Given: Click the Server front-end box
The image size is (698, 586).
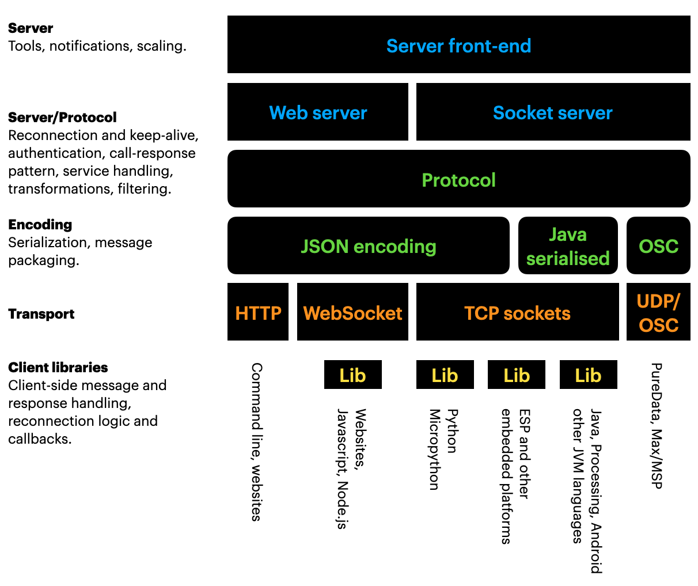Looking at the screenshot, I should [x=458, y=45].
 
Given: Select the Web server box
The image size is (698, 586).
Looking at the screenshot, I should [x=317, y=112].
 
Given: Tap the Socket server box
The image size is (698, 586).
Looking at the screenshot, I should [x=553, y=112].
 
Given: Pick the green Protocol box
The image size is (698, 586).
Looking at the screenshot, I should [x=458, y=179].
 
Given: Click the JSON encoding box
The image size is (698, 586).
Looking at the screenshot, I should [x=368, y=246].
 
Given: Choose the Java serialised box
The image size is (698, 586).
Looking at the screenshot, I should [x=568, y=246].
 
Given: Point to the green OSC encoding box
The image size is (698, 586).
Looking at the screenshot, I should [x=658, y=246].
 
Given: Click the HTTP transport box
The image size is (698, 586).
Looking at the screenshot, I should [x=258, y=312].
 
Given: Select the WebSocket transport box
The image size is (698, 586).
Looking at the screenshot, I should [x=352, y=312].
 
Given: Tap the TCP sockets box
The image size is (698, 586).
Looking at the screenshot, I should [x=517, y=312].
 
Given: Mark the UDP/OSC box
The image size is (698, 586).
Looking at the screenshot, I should [x=658, y=312].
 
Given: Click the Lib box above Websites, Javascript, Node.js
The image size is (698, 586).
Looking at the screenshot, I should [x=352, y=375].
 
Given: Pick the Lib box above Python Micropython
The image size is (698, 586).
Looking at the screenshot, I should [x=445, y=375].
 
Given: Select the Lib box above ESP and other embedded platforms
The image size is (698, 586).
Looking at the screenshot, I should [x=517, y=375].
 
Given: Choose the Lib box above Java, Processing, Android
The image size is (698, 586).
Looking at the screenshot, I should [x=588, y=375].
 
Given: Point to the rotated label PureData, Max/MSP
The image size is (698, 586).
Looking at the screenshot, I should [x=657, y=426].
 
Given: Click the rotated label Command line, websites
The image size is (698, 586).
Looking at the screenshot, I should [x=257, y=442].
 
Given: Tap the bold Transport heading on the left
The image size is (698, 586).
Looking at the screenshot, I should [x=41, y=314].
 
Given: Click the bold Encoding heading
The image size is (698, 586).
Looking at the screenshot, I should [x=40, y=225].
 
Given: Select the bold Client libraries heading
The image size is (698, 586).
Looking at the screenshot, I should [x=58, y=368].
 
